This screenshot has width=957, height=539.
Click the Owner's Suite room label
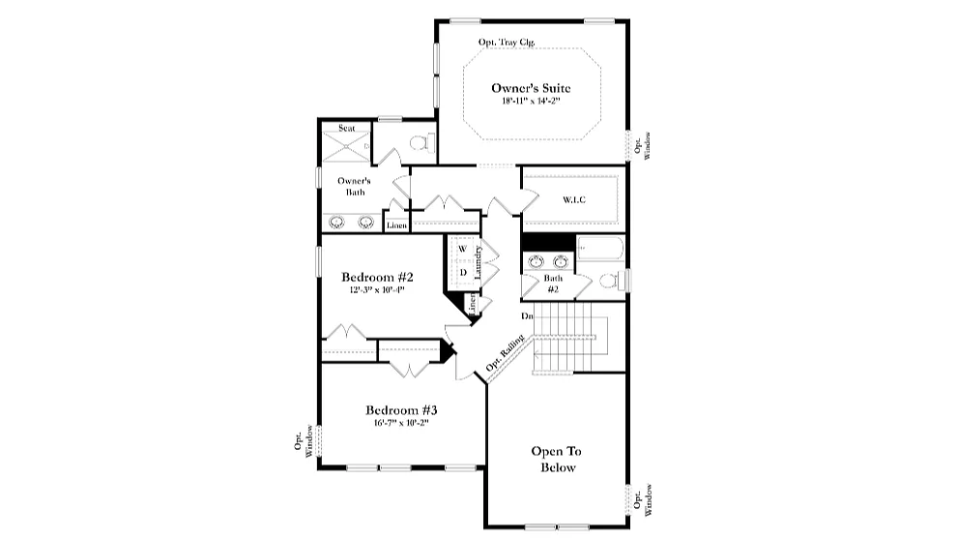[x=537, y=89]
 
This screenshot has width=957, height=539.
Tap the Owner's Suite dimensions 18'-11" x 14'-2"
[x=537, y=102]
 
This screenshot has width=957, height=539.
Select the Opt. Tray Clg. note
[x=507, y=43]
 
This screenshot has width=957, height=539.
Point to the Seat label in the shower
[x=345, y=128]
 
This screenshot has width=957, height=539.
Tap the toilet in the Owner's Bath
[x=421, y=143]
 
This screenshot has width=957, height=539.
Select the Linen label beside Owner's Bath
[x=396, y=225]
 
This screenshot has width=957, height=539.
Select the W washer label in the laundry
[x=462, y=249]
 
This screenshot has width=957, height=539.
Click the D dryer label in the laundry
[x=463, y=272]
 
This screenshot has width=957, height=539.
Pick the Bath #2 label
[x=553, y=284]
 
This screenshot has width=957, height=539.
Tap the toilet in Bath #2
[x=610, y=281]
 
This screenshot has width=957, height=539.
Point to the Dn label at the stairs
[x=527, y=316]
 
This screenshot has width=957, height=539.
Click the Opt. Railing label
[x=506, y=355]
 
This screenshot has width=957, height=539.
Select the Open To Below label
[x=556, y=460]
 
